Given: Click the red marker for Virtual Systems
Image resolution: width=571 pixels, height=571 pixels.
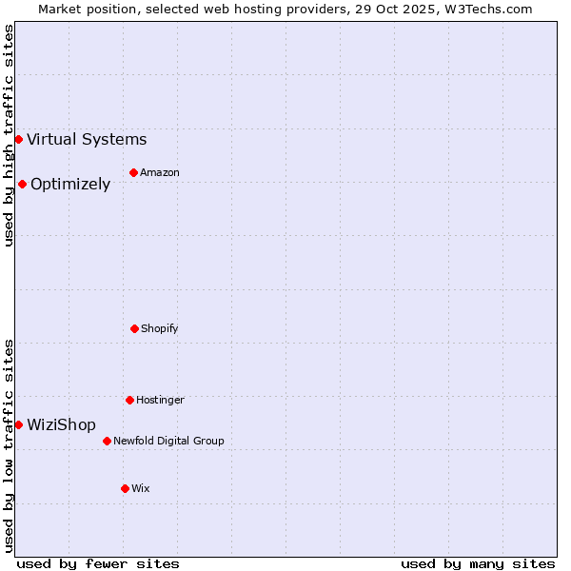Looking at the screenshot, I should tap(18, 140).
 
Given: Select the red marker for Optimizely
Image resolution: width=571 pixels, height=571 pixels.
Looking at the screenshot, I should tap(22, 185).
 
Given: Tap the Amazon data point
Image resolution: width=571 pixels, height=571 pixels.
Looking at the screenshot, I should tap(133, 172).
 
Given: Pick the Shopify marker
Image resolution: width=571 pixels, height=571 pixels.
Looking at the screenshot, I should tap(134, 328).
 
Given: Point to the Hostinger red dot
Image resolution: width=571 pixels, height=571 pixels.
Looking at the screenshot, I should tap(129, 400).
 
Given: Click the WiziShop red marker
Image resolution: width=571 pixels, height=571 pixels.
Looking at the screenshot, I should tap(18, 424).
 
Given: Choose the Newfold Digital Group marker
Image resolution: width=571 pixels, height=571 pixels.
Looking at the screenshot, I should tap(107, 441).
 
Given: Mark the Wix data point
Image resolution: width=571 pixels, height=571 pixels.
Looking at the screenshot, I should tap(125, 488).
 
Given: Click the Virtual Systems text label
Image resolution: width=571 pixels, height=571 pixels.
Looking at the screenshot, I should tap(87, 140).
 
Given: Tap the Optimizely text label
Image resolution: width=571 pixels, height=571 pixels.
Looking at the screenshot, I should tap(70, 185).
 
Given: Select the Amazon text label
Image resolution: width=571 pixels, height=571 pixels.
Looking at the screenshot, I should tap(160, 172).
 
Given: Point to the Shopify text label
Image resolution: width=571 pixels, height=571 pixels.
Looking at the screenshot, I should tap(160, 328).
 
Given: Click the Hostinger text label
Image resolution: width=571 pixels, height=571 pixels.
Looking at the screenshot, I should tap(160, 400).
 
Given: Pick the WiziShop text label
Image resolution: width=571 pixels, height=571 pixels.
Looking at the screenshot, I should tap(61, 424).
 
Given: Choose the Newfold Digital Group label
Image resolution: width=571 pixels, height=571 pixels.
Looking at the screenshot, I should tap(168, 441).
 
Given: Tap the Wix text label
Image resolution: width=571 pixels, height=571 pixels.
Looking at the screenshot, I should tap(141, 488).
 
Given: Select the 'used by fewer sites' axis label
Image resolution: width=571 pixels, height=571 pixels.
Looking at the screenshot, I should tap(98, 563).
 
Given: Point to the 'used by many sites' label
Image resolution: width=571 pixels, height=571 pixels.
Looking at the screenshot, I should tap(478, 563).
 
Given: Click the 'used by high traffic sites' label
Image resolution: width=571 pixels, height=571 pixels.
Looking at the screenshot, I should tap(9, 135).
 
